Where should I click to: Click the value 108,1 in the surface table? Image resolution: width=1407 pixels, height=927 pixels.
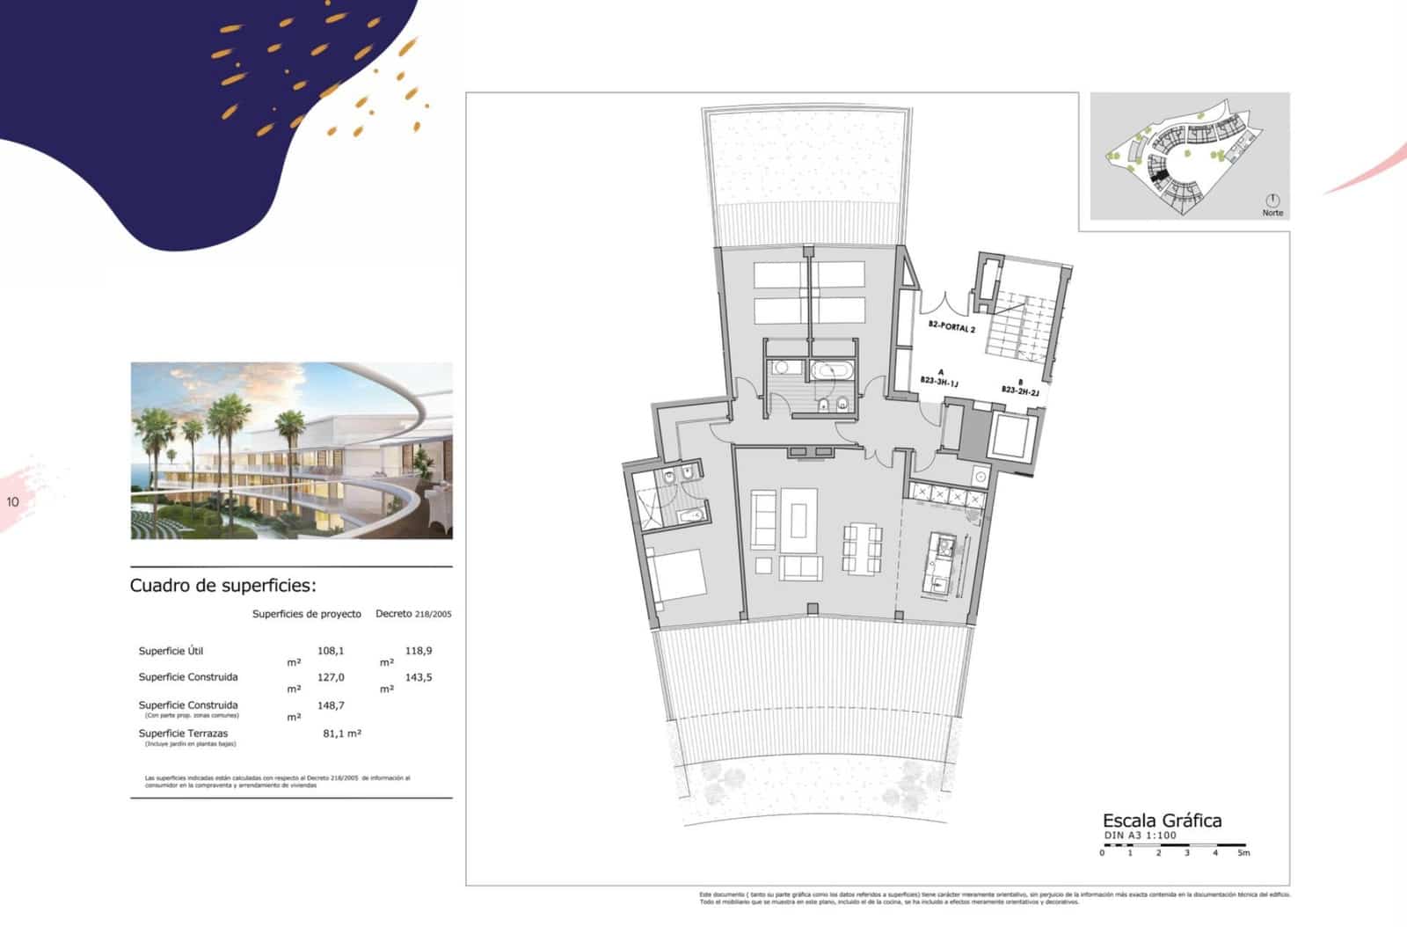[x=331, y=651]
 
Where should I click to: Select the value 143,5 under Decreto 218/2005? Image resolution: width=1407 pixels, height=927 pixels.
[x=419, y=677]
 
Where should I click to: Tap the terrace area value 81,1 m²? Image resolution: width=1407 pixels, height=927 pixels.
[x=342, y=733]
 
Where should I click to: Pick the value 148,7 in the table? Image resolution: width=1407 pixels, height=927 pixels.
[x=331, y=705]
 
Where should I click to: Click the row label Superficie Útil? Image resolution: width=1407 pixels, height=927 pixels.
[x=171, y=651]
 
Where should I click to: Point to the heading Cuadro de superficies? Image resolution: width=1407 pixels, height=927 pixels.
[x=222, y=586]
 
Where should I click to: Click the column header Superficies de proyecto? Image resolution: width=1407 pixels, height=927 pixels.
[x=306, y=614]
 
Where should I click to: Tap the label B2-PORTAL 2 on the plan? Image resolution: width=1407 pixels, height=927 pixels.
[x=951, y=327]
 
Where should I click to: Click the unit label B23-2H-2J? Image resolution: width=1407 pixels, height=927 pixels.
[x=1020, y=388]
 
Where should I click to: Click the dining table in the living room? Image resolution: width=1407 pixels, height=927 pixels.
[x=862, y=548]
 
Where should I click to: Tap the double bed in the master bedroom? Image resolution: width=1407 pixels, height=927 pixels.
[x=675, y=574]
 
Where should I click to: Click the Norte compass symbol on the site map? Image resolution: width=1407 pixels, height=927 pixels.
[x=1272, y=201]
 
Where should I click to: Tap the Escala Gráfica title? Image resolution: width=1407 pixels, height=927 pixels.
[x=1162, y=821]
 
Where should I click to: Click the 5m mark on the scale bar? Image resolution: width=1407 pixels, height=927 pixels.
[x=1243, y=852]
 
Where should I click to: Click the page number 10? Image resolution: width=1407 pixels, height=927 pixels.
[x=12, y=502]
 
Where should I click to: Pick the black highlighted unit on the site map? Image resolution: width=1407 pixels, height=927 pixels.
[x=1160, y=177]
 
